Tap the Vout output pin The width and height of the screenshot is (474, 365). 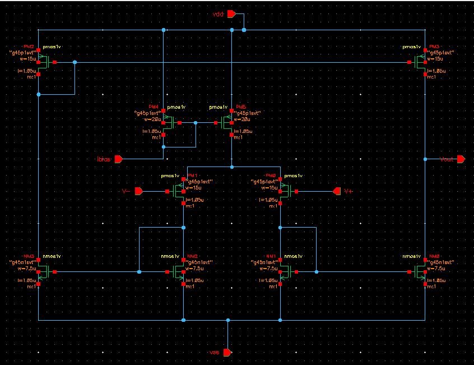click(x=461, y=159)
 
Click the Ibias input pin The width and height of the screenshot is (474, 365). click(x=119, y=159)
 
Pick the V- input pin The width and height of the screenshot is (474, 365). click(x=139, y=192)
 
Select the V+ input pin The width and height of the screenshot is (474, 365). click(x=337, y=192)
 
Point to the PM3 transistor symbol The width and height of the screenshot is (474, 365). click(x=419, y=62)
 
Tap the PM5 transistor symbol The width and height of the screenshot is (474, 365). click(x=226, y=122)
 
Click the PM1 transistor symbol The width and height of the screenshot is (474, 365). click(x=178, y=192)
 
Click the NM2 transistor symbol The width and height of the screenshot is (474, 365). click(x=178, y=272)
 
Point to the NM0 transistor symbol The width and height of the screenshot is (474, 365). click(x=419, y=272)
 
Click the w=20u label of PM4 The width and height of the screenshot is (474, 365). click(x=152, y=119)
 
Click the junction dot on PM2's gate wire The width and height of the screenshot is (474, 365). click(x=75, y=62)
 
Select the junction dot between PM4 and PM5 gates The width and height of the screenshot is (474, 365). click(x=196, y=122)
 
